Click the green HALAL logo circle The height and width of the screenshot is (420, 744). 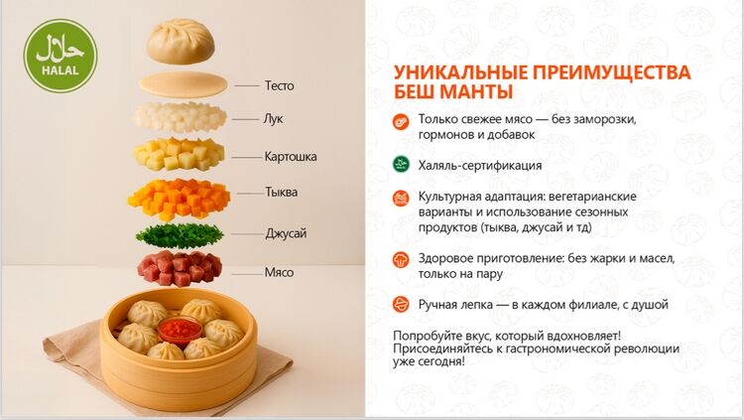click(61, 56)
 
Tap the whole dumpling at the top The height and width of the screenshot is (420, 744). click(181, 42)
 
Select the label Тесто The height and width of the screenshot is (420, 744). click(279, 85)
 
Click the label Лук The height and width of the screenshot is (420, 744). click(273, 119)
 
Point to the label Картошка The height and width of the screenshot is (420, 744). click(291, 156)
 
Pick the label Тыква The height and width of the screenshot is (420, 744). click(281, 192)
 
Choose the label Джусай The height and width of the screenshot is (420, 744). click(286, 233)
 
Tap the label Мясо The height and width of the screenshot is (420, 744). click(279, 273)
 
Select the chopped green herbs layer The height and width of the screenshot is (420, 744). click(180, 235)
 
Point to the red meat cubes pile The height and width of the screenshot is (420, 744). click(180, 268)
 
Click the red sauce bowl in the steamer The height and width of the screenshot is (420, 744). click(180, 330)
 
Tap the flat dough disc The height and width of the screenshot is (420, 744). click(183, 85)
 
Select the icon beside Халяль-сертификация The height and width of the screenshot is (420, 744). click(401, 164)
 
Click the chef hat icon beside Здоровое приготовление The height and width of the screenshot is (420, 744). click(401, 259)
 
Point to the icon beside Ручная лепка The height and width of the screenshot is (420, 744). click(401, 304)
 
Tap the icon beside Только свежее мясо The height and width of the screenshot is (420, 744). click(401, 121)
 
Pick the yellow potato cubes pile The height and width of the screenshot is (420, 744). click(179, 155)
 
